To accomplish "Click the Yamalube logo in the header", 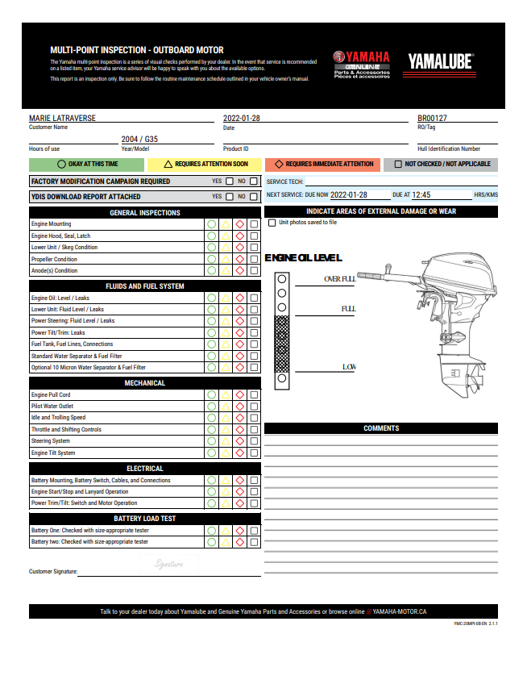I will click(x=440, y=61).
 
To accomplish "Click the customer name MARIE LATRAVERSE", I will click(x=62, y=119).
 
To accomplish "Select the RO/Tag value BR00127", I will click(x=432, y=119).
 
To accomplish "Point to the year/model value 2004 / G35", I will click(x=139, y=139).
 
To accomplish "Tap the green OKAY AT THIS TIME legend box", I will click(x=87, y=164).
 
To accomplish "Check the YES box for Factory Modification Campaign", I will click(x=229, y=181).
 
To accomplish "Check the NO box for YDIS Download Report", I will click(x=254, y=196).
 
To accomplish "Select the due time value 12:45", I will click(x=421, y=195).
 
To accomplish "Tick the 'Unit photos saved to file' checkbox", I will click(x=272, y=223).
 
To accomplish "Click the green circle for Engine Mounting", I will click(x=211, y=224).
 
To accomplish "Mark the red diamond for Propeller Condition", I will click(x=239, y=259).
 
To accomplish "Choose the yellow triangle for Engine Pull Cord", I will click(x=226, y=395).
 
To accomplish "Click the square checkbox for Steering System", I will click(x=254, y=441).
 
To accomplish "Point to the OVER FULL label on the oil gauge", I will click(x=339, y=279).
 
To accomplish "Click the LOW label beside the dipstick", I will click(x=349, y=367).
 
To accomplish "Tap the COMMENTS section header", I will click(x=380, y=428).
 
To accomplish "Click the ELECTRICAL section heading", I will click(x=145, y=469).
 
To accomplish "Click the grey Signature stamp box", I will click(x=168, y=564).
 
